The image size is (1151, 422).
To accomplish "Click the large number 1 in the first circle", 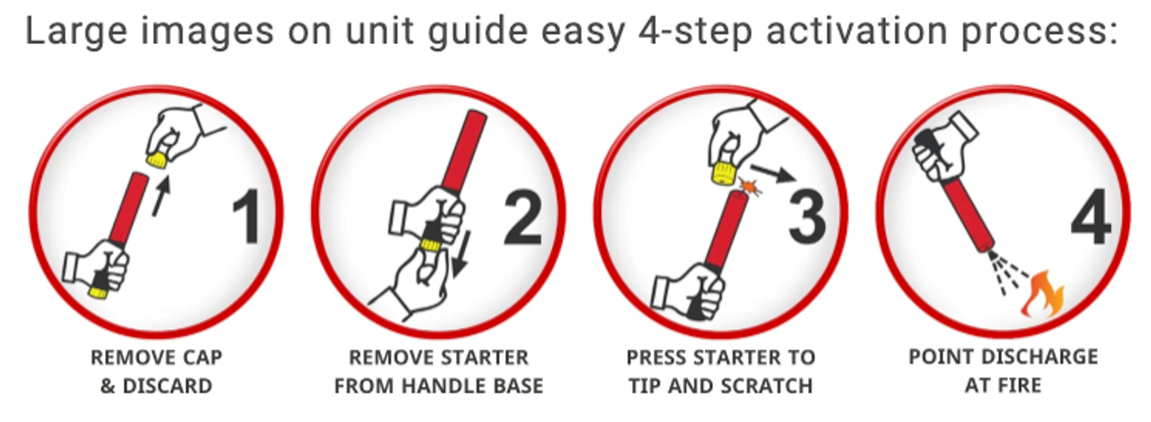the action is tap(247, 217).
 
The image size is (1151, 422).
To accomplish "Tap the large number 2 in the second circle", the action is tap(523, 217).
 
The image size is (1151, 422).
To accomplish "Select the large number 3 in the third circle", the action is tap(807, 217).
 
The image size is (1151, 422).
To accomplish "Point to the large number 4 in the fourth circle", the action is tap(1092, 217).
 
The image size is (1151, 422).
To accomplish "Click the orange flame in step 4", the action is tap(1042, 294).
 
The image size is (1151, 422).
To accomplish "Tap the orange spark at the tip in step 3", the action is tap(750, 187).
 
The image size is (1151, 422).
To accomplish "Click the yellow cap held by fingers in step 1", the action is tap(156, 159).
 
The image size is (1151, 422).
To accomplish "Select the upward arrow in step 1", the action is tap(161, 196).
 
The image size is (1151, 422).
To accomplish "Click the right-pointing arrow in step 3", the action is tap(773, 174).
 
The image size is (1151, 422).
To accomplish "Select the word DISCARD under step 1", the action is tap(167, 386).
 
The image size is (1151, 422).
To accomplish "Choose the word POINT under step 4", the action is tap(934, 356).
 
